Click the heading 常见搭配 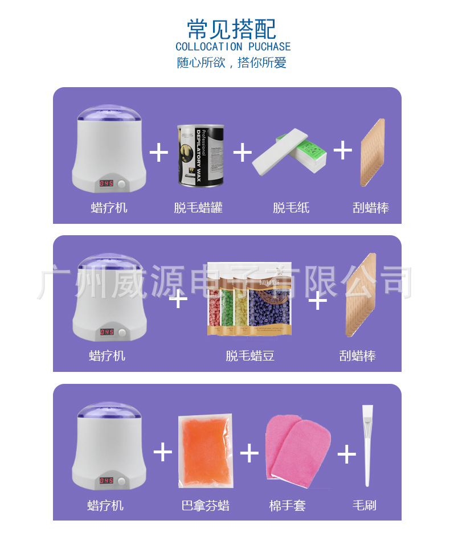[232, 28]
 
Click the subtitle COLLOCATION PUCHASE [232, 47]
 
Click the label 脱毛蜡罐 [198, 208]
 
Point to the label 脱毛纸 [291, 208]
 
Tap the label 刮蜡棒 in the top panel [371, 208]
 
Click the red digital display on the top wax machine [105, 183]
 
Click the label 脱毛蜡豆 [250, 357]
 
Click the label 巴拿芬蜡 [205, 505]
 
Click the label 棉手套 [288, 505]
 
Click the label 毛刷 [365, 505]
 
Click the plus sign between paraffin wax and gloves [249, 453]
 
